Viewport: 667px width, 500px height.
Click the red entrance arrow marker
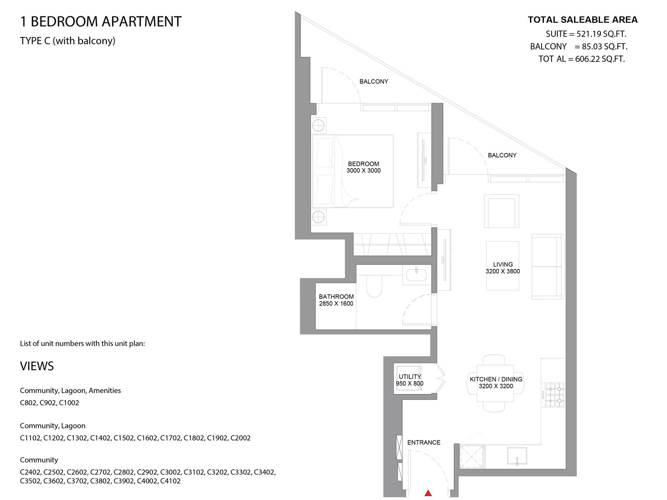point(428,493)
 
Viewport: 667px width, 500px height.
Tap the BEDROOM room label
point(364,164)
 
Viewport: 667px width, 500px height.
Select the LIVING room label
point(503,265)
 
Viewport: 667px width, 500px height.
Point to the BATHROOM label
point(336,297)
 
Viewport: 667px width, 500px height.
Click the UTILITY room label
point(410,377)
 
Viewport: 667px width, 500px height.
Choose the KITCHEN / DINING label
point(496,379)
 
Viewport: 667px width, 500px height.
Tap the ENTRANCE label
point(424,442)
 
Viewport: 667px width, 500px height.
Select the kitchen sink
point(517,456)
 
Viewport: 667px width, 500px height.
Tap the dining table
point(495,383)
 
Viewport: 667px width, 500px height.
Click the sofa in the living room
point(548,266)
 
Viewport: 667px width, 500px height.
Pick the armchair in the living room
point(502,211)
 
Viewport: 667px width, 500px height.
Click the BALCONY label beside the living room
point(502,155)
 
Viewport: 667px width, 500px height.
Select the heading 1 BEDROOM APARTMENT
point(100,22)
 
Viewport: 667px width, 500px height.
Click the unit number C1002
point(69,402)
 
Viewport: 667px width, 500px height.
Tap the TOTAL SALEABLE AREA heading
point(582,20)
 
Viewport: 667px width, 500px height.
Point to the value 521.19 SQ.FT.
point(602,34)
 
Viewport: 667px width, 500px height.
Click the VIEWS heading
point(37,366)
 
